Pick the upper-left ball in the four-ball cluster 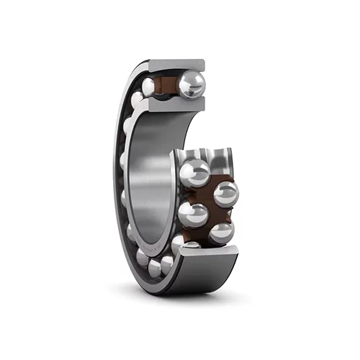pyautogui.click(x=194, y=173)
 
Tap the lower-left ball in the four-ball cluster pyautogui.click(x=193, y=213)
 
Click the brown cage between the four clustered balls pyautogui.click(x=209, y=202)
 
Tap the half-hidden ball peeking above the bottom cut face pyautogui.click(x=191, y=246)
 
